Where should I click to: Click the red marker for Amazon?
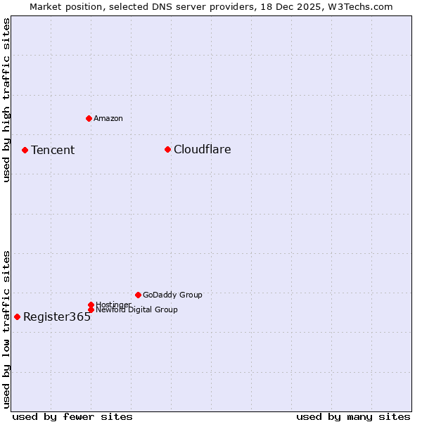coord(89,118)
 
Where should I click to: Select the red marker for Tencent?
coord(25,150)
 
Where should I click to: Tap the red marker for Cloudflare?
coord(167,149)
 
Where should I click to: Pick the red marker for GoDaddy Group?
coord(138,295)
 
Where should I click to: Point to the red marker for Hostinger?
coord(91,305)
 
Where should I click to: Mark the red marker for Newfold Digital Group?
coord(91,309)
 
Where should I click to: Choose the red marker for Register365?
coord(17,316)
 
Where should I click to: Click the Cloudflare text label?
coord(202,149)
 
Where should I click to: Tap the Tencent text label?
coord(53,150)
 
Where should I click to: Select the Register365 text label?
coord(57,316)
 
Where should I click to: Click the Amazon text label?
coord(108,118)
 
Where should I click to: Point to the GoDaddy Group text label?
coord(172,295)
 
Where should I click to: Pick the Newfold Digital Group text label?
coord(136,309)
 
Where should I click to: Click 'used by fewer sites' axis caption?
coord(72,416)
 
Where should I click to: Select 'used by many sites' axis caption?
coord(353,416)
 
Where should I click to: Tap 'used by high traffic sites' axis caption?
coord(6,100)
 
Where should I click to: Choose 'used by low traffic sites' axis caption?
coord(6,328)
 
